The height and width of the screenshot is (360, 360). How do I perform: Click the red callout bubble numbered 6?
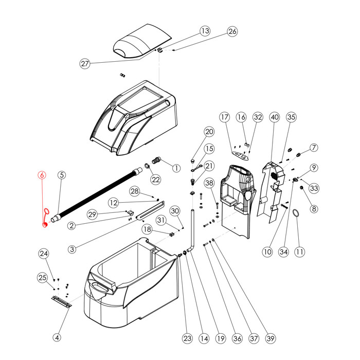[x=42, y=175]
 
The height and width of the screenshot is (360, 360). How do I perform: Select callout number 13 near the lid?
[x=205, y=31]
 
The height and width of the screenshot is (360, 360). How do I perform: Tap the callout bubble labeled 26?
[x=232, y=31]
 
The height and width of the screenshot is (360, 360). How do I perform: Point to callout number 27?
[x=85, y=64]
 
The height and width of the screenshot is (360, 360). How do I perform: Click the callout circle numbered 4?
[x=57, y=338]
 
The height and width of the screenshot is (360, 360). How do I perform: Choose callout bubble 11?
[x=299, y=252]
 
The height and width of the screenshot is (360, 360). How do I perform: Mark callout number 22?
[x=156, y=179]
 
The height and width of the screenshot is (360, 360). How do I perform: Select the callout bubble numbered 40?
[x=275, y=117]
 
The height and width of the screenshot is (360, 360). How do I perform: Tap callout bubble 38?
[x=209, y=183]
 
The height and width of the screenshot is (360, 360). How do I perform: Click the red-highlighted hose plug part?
[x=45, y=218]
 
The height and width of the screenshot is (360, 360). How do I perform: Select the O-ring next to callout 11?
[x=297, y=213]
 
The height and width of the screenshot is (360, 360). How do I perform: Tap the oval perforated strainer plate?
[x=240, y=154]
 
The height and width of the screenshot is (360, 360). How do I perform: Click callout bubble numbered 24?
[x=44, y=254]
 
